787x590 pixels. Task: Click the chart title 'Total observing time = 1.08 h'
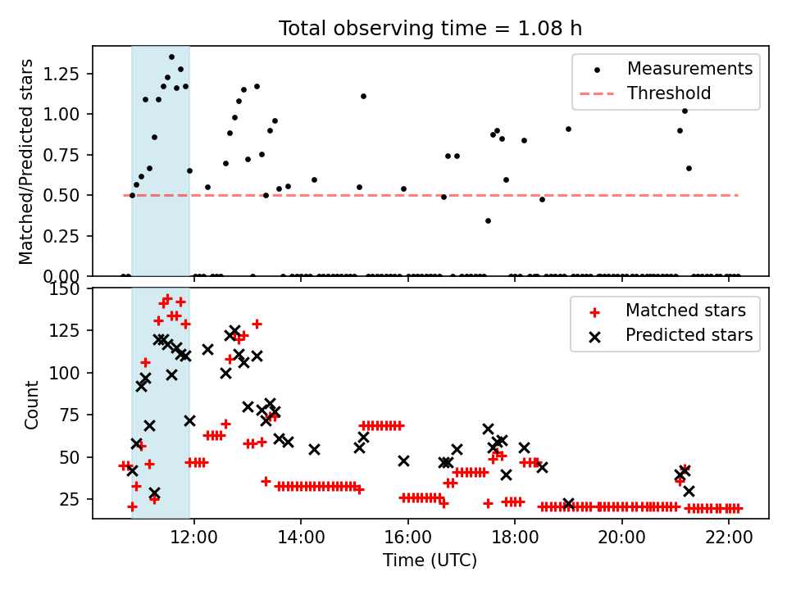pos(430,29)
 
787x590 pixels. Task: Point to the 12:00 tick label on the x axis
pos(194,538)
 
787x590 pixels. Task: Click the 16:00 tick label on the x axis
pos(408,538)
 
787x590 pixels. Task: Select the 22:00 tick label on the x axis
pos(729,538)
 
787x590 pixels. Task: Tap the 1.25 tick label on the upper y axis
pos(61,74)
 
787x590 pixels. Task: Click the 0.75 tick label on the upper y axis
pos(61,155)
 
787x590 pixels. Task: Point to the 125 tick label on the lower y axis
pos(64,330)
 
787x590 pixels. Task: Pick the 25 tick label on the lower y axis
pos(70,499)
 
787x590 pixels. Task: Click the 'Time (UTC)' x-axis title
pos(430,560)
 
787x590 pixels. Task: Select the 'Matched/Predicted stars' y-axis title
pos(25,161)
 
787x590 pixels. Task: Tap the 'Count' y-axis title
pos(31,404)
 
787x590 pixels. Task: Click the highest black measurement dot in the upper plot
pos(171,57)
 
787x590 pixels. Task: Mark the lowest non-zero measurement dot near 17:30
pos(488,220)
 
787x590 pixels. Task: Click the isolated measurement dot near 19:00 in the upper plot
pos(568,129)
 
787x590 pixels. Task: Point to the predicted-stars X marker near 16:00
pos(403,461)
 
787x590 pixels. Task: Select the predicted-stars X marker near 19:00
pos(568,504)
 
